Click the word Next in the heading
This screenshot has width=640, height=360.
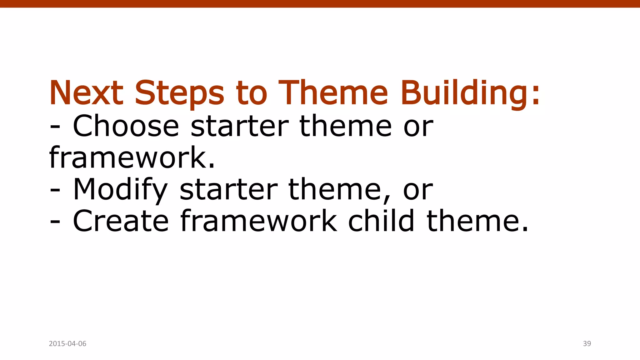click(86, 93)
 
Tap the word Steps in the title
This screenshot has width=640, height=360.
click(179, 93)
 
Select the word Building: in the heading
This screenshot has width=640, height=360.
click(470, 93)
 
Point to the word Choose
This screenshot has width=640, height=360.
click(126, 126)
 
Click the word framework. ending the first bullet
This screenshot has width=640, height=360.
click(132, 158)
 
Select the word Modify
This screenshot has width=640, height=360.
click(120, 190)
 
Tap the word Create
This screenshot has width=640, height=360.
click(121, 221)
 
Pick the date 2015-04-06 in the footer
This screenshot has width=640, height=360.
click(67, 344)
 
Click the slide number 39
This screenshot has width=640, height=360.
click(587, 344)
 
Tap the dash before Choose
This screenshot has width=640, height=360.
click(55, 128)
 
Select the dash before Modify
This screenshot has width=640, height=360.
click(55, 191)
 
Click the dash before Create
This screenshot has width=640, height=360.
click(55, 223)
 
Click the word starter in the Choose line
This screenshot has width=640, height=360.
click(240, 126)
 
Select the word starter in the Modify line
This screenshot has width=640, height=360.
click(228, 190)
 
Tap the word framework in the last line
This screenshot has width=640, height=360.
click(259, 221)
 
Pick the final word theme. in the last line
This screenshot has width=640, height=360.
click(477, 221)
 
